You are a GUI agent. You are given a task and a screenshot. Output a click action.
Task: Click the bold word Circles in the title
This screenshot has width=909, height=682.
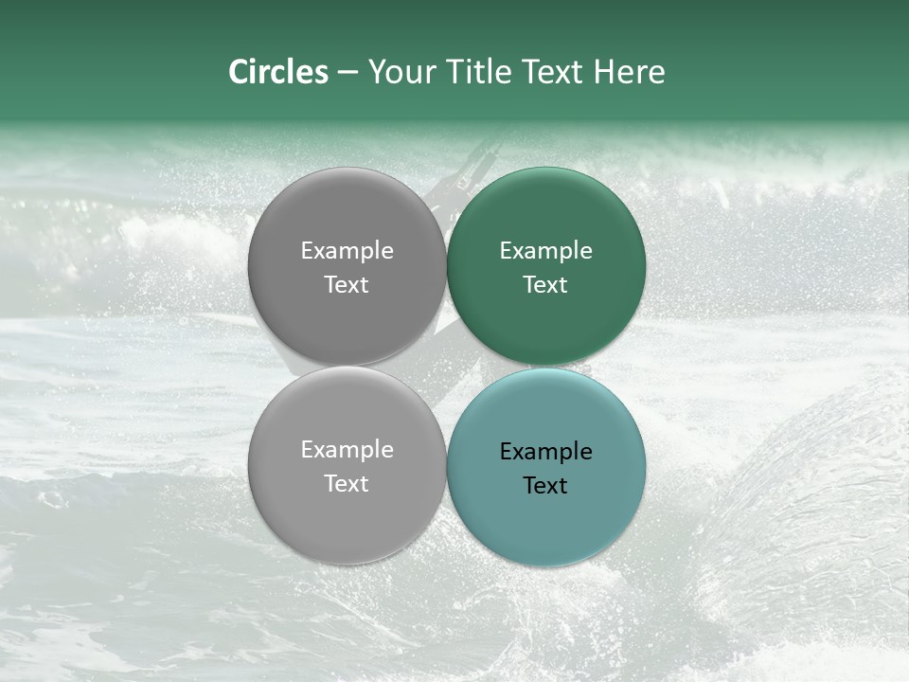pyautogui.click(x=277, y=72)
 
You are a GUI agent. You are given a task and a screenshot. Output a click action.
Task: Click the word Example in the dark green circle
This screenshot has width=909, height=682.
pyautogui.click(x=545, y=251)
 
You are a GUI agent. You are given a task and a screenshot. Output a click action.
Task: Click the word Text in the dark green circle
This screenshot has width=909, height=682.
pyautogui.click(x=545, y=284)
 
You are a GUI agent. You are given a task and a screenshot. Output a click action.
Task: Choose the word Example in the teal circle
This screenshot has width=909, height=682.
pyautogui.click(x=545, y=452)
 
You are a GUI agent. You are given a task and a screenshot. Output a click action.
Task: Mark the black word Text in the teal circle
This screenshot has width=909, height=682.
pyautogui.click(x=545, y=485)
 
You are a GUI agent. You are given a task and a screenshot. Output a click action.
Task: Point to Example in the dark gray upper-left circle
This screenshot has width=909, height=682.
pyautogui.click(x=347, y=251)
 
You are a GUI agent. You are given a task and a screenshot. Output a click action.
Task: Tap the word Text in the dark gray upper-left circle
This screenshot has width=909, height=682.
pyautogui.click(x=347, y=284)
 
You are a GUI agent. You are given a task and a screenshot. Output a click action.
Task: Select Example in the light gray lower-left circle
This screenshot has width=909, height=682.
pyautogui.click(x=347, y=450)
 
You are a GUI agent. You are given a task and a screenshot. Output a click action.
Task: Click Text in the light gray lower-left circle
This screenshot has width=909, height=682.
pyautogui.click(x=347, y=483)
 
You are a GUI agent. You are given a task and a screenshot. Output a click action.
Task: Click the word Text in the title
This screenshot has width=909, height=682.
pyautogui.click(x=554, y=72)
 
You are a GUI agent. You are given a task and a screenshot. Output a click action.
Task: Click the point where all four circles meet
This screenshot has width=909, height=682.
pyautogui.click(x=446, y=367)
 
